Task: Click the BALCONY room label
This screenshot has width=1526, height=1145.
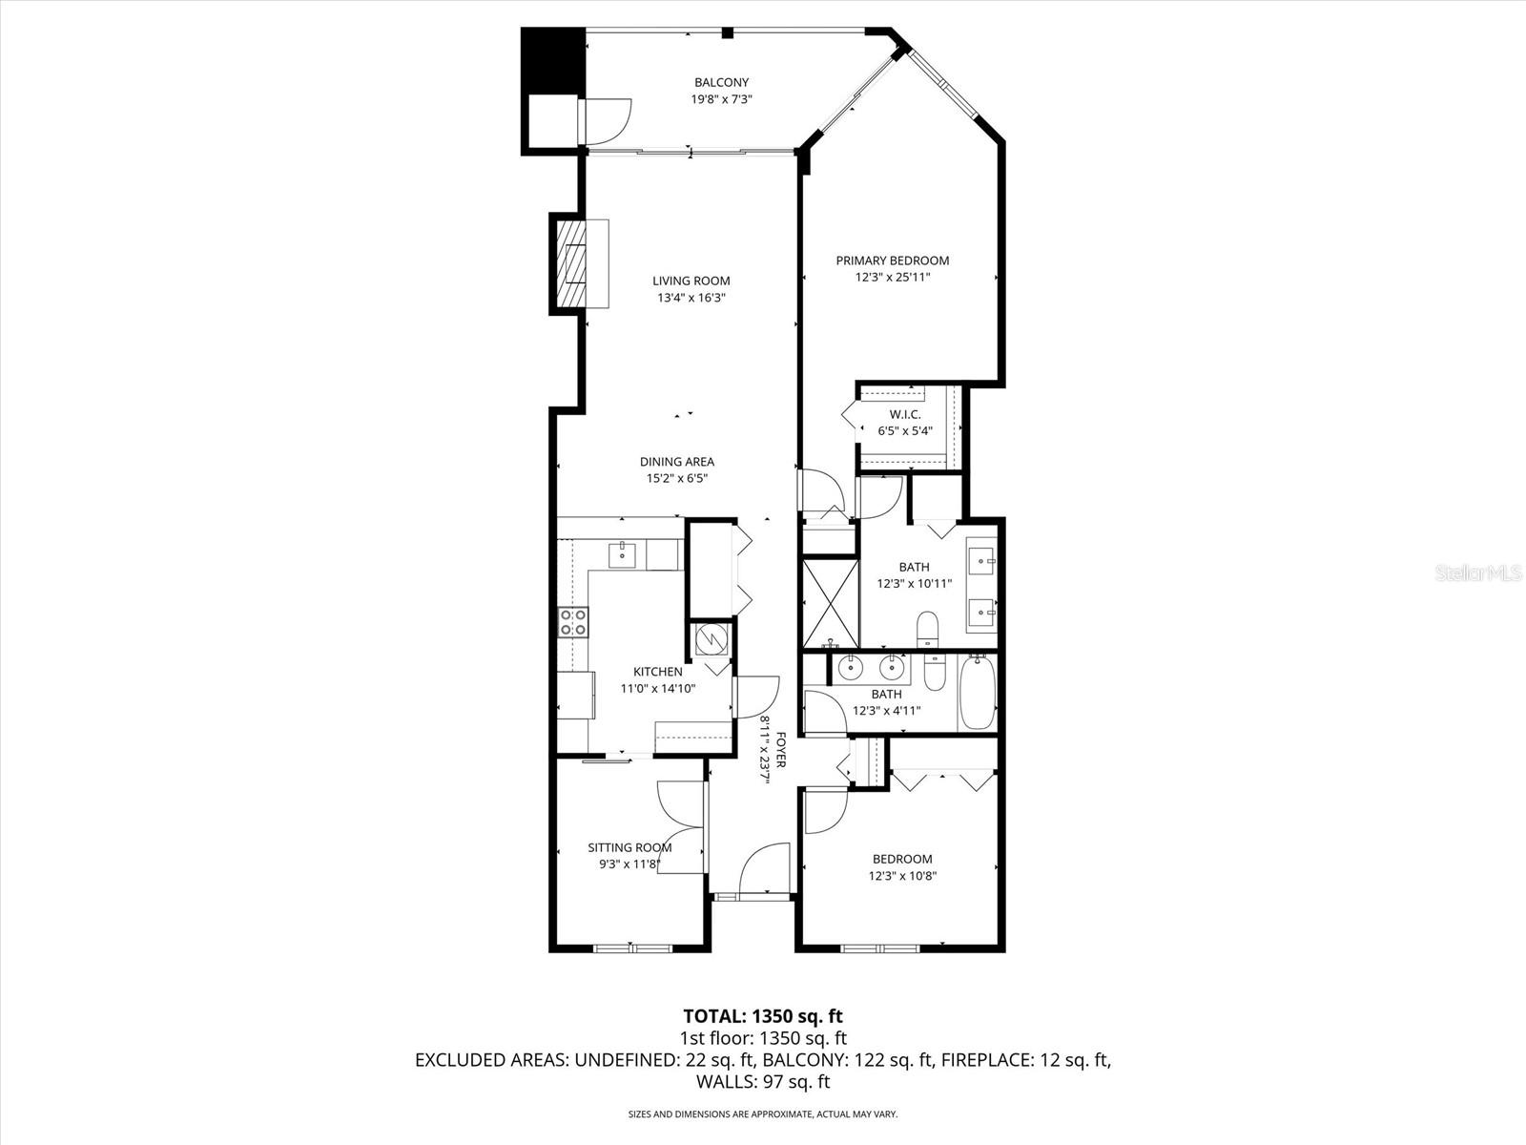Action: click(x=721, y=83)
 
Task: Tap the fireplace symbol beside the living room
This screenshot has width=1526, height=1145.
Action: click(x=579, y=263)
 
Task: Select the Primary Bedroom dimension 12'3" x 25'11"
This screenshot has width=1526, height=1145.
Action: click(x=892, y=278)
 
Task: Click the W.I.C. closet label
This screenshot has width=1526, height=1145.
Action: click(x=904, y=414)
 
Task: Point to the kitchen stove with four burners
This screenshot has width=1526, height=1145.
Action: click(x=573, y=623)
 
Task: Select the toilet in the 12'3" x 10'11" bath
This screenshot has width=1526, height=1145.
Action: click(x=927, y=630)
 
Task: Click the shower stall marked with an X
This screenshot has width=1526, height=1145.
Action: click(x=831, y=604)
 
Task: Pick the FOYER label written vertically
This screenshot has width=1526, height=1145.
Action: click(x=780, y=750)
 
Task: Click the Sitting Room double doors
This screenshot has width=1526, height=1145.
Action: click(x=683, y=827)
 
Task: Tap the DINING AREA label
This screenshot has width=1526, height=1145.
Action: click(x=676, y=463)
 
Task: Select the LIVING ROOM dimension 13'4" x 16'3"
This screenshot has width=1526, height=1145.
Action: click(x=691, y=298)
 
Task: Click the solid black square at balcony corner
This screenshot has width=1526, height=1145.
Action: click(x=551, y=60)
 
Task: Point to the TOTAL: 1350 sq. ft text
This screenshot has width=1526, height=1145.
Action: click(x=763, y=1015)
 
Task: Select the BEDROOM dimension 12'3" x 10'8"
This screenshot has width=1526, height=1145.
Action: click(x=901, y=876)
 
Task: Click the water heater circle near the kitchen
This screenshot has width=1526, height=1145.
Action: click(x=710, y=639)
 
